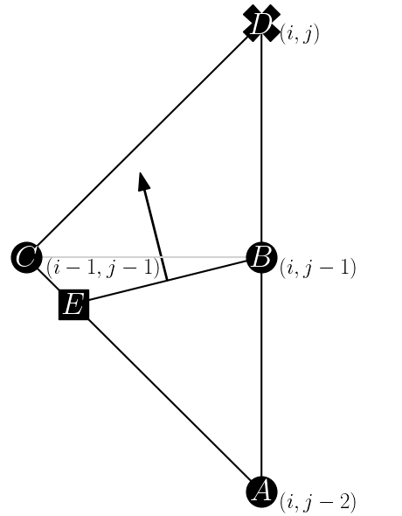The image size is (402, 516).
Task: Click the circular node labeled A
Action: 261,492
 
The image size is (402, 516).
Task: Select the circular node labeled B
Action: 261,258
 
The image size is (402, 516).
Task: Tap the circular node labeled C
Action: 26,258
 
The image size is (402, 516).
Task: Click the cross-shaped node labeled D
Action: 261,24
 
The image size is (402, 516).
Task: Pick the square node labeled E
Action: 73,305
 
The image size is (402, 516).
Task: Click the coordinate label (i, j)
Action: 300,36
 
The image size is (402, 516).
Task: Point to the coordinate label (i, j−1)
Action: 317,268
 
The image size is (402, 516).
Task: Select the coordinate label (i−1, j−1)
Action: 103,268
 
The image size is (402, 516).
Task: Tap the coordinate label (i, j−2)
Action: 317,502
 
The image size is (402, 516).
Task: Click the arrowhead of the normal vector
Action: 143,182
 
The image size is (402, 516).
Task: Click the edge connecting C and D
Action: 144,141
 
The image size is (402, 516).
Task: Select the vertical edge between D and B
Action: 261,140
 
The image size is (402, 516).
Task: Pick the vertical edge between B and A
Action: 261,376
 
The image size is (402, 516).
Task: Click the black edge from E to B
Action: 210,271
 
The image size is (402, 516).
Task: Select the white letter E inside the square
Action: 73,305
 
